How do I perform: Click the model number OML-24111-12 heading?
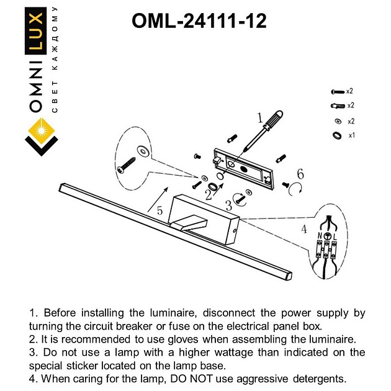(199, 22)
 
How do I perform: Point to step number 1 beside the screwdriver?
(260, 117)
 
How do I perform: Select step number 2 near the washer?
(209, 194)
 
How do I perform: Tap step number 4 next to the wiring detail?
(303, 229)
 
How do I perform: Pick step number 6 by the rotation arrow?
(300, 174)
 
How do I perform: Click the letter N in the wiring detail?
(319, 236)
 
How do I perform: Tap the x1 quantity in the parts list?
(351, 135)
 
